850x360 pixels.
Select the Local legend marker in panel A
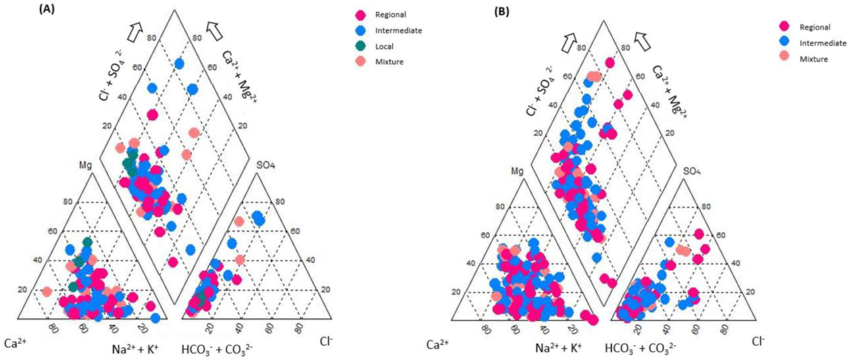(361, 47)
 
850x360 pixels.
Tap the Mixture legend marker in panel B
(786, 59)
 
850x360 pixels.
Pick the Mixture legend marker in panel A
(361, 62)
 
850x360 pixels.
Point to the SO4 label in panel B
(692, 171)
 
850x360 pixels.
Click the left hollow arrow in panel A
(136, 29)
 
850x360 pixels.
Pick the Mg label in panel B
(518, 172)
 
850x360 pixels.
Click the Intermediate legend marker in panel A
(361, 30)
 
